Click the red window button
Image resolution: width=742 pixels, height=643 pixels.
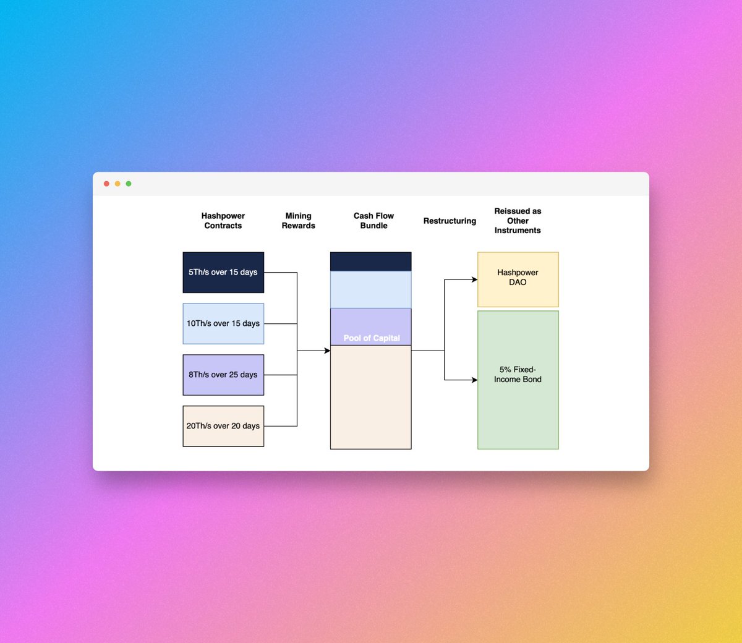(106, 184)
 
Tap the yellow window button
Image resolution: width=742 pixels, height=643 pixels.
(117, 184)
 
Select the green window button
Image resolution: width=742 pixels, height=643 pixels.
(129, 184)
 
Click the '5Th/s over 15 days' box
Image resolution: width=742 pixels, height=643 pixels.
(223, 272)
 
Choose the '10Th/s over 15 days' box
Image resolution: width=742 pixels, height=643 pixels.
(223, 323)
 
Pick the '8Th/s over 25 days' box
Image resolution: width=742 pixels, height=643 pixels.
(223, 375)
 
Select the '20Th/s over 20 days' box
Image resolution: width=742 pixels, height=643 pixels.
(223, 426)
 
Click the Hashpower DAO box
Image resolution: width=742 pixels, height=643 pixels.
(518, 279)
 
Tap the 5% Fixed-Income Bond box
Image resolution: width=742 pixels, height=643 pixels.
(518, 380)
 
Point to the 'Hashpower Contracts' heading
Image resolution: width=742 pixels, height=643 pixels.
(223, 221)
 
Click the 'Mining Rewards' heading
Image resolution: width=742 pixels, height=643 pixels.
(298, 221)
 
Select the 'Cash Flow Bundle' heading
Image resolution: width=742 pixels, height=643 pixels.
(373, 221)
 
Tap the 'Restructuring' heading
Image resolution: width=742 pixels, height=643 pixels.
(450, 221)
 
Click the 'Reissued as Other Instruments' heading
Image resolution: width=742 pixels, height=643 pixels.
(518, 221)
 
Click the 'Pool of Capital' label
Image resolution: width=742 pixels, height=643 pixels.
(372, 338)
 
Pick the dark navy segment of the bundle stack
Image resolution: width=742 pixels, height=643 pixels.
(370, 262)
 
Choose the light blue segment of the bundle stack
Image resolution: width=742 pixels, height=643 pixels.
(370, 289)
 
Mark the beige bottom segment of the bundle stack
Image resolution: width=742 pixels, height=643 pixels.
(370, 397)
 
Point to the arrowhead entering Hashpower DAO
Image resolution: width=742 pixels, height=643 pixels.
(474, 279)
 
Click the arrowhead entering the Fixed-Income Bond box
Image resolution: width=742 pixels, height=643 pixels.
(474, 380)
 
